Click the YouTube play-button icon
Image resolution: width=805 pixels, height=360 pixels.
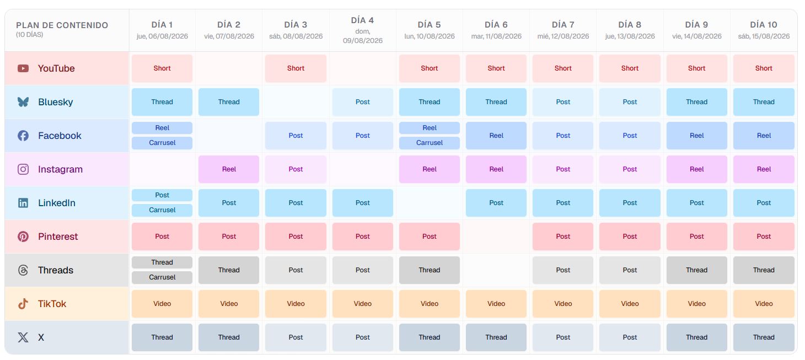click(23, 68)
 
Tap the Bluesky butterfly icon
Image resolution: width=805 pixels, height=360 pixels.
click(23, 102)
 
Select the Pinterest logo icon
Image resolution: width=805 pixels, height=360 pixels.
click(23, 237)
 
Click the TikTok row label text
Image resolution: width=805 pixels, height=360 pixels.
click(52, 304)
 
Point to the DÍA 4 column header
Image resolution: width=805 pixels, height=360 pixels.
click(362, 20)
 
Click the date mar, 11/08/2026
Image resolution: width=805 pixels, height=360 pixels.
click(496, 36)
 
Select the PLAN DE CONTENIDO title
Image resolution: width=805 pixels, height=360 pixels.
click(62, 25)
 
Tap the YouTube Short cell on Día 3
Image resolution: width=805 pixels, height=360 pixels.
click(296, 68)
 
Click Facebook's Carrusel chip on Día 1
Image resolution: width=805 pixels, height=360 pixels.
click(162, 143)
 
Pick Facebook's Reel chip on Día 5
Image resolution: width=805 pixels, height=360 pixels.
click(430, 128)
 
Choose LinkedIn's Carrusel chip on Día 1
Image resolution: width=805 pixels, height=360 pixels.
click(162, 210)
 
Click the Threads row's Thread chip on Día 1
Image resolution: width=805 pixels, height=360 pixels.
click(162, 262)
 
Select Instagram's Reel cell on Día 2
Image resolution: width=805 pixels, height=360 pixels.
click(229, 169)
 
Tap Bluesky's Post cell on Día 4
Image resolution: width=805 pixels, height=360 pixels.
click(363, 102)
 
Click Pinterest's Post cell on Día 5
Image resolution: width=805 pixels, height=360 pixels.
click(430, 237)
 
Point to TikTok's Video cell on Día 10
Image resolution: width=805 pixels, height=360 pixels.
click(764, 304)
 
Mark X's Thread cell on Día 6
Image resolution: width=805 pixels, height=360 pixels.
click(496, 337)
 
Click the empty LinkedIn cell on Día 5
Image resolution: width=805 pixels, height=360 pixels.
click(430, 203)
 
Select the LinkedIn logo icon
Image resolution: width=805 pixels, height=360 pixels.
click(23, 203)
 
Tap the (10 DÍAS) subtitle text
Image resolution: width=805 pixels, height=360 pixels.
click(29, 35)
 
